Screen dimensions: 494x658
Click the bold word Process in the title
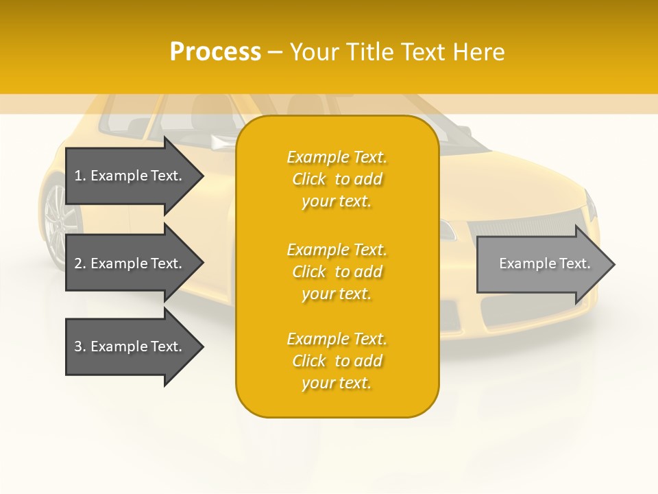pos(215,52)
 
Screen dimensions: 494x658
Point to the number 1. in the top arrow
pos(80,176)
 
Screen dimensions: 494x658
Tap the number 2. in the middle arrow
pos(80,263)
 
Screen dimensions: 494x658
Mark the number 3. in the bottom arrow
pos(80,346)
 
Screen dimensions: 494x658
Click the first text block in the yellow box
pos(337,179)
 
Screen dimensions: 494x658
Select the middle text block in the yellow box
pos(337,272)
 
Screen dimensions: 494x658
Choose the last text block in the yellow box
pos(337,361)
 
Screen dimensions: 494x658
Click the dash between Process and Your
pos(275,52)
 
